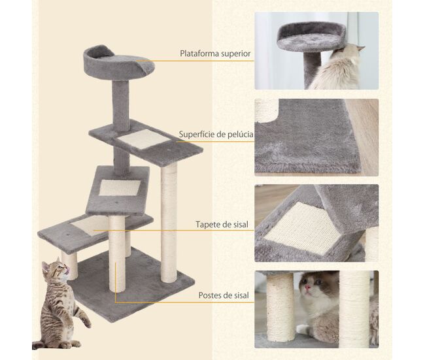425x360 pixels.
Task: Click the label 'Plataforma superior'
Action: [215, 54]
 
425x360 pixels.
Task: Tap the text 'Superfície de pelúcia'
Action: [216, 135]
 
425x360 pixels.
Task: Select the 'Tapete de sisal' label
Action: [222, 225]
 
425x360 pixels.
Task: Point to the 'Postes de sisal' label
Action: [224, 295]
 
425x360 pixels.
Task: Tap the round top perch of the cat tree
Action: [118, 63]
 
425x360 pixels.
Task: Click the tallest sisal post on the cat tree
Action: [169, 223]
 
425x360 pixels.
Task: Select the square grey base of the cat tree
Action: [131, 284]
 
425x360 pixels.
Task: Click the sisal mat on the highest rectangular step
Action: [144, 139]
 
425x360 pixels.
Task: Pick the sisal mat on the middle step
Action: [120, 188]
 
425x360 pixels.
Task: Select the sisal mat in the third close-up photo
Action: [303, 228]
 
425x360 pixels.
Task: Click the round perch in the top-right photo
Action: [311, 38]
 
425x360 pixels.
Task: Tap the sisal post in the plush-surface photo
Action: [266, 110]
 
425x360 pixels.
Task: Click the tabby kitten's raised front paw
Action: [86, 322]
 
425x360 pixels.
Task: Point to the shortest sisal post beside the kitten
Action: [70, 265]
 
